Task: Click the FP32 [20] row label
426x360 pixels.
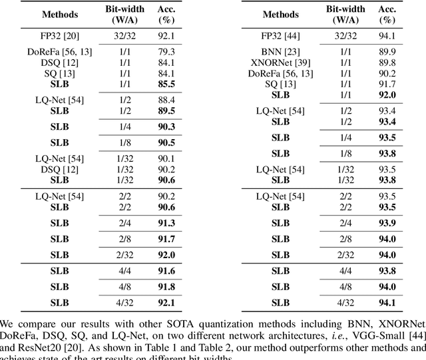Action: pyautogui.click(x=59, y=35)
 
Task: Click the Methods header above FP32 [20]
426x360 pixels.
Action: pyautogui.click(x=59, y=13)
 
